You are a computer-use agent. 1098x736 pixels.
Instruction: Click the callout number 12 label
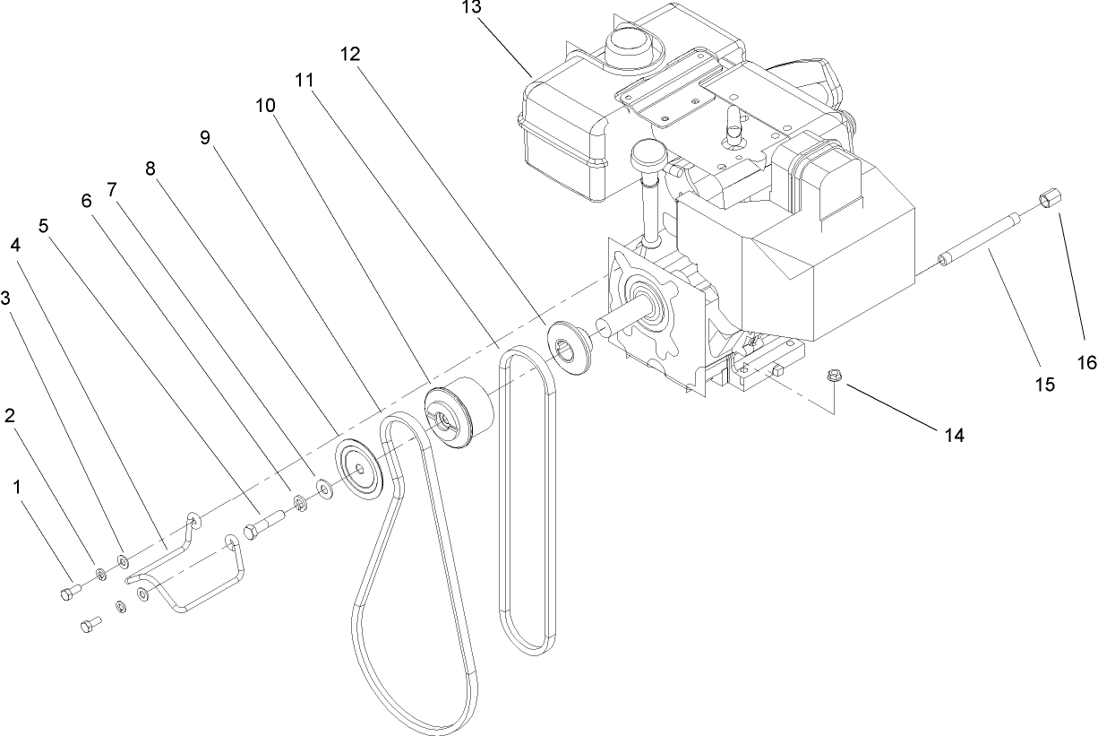[350, 54]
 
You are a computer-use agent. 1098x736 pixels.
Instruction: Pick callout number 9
[204, 137]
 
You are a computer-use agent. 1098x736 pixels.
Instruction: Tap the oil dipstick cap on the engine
[654, 159]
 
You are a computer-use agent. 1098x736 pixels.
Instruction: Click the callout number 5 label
[44, 227]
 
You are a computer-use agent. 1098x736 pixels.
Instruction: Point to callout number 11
[305, 80]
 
